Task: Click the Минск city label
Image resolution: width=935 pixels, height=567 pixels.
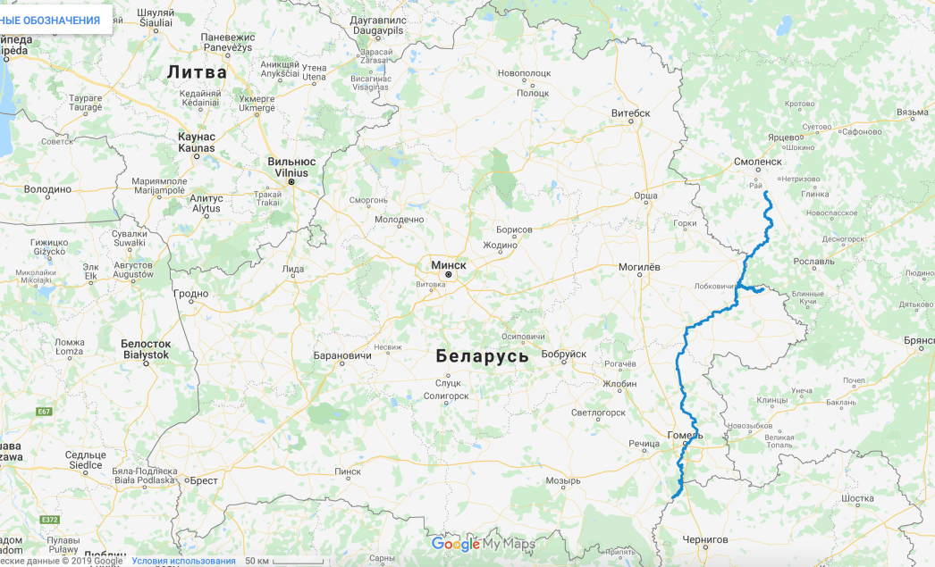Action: click(449, 265)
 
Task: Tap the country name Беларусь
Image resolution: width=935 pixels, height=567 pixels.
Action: click(483, 355)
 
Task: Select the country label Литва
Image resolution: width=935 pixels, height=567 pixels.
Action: click(198, 71)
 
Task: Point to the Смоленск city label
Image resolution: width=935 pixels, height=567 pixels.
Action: click(757, 162)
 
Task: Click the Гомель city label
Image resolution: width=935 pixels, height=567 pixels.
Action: click(685, 435)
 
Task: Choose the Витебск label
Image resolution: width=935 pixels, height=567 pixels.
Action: click(630, 113)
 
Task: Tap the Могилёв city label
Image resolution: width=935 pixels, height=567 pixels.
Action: click(639, 267)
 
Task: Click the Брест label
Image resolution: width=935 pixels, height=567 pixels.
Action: click(205, 479)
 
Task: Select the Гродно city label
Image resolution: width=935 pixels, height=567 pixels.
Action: click(190, 294)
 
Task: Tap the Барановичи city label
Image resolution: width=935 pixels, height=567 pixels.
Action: click(342, 355)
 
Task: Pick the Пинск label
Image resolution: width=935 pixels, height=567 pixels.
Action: click(347, 471)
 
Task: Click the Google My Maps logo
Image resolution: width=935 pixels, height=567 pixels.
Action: click(483, 544)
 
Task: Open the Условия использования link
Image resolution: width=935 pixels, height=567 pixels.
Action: click(183, 561)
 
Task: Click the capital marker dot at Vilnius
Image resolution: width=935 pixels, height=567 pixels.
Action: click(291, 182)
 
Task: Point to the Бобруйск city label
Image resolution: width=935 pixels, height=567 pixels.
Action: click(564, 354)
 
